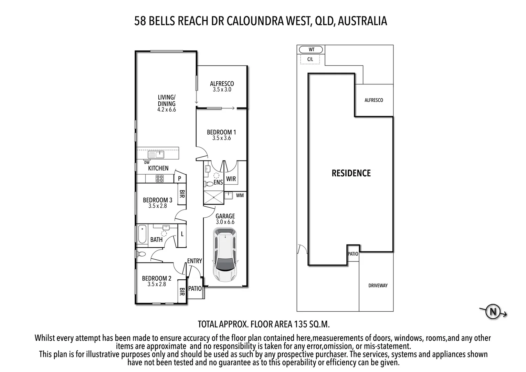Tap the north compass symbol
[x=493, y=312]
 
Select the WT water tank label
[x=311, y=50]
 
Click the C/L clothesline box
[x=310, y=59]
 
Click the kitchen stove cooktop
[x=160, y=178]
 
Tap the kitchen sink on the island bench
[x=156, y=155]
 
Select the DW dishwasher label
[x=147, y=163]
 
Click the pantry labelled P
[x=179, y=179]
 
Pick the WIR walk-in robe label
[x=231, y=179]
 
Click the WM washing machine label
[x=240, y=195]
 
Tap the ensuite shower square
[x=213, y=198]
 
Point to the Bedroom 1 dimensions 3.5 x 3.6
[x=221, y=138]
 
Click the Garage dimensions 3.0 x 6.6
[x=225, y=222]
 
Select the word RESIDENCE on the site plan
[x=351, y=173]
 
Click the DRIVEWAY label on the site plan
[x=378, y=286]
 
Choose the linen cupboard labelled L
[x=182, y=234]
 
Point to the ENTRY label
[x=194, y=261]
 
